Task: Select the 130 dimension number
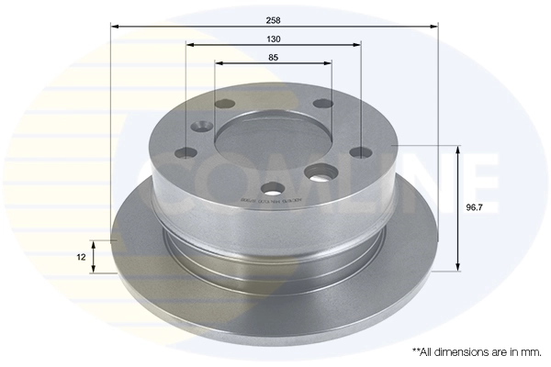click(274, 39)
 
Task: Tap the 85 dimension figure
click(274, 58)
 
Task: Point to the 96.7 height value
click(474, 207)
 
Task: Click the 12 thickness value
click(82, 258)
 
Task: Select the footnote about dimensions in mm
click(477, 351)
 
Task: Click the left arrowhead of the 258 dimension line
click(115, 28)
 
